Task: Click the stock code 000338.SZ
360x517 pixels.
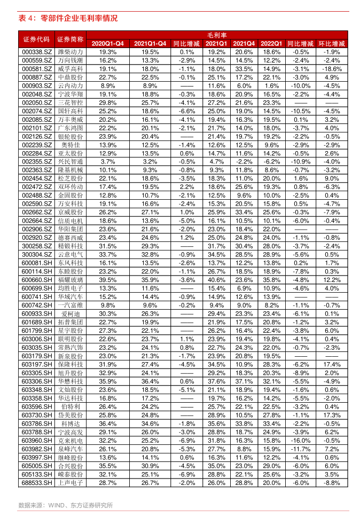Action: click(37, 52)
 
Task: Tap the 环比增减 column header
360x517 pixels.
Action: click(332, 43)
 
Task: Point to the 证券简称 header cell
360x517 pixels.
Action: click(71, 39)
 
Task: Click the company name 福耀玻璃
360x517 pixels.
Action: click(71, 279)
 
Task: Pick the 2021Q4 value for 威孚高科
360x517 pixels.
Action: click(244, 69)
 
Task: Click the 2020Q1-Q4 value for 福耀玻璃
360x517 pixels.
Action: click(108, 279)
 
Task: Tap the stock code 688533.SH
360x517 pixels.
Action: click(37, 483)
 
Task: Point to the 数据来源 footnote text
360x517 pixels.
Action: click(65, 505)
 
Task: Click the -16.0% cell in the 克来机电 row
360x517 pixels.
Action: click(301, 441)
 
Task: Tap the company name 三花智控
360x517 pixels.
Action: click(71, 103)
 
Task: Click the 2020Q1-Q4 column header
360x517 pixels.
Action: click(108, 43)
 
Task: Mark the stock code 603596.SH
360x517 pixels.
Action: click(37, 406)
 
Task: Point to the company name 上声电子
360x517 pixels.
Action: click(71, 483)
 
